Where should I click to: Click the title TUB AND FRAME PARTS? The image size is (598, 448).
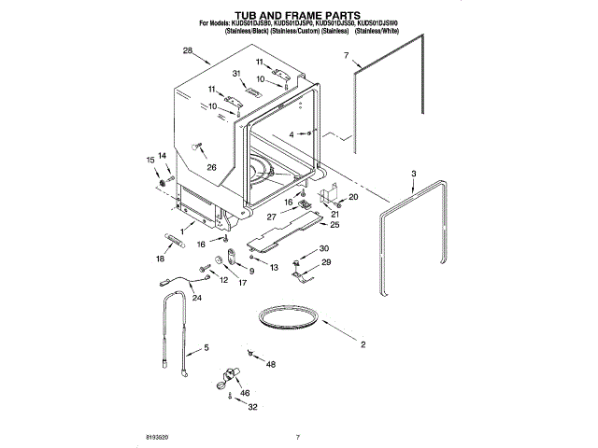point(297,17)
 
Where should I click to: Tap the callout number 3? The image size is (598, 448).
point(415,174)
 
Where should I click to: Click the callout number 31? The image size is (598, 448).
point(236,75)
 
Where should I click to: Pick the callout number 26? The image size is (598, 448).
point(211,168)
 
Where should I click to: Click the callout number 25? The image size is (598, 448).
point(334,225)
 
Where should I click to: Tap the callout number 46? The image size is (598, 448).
point(246,394)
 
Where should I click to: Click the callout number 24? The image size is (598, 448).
point(196,298)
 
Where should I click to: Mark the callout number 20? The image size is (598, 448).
point(352,197)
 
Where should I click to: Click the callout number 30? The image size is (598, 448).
point(324,248)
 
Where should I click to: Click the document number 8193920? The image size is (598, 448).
point(160,436)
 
